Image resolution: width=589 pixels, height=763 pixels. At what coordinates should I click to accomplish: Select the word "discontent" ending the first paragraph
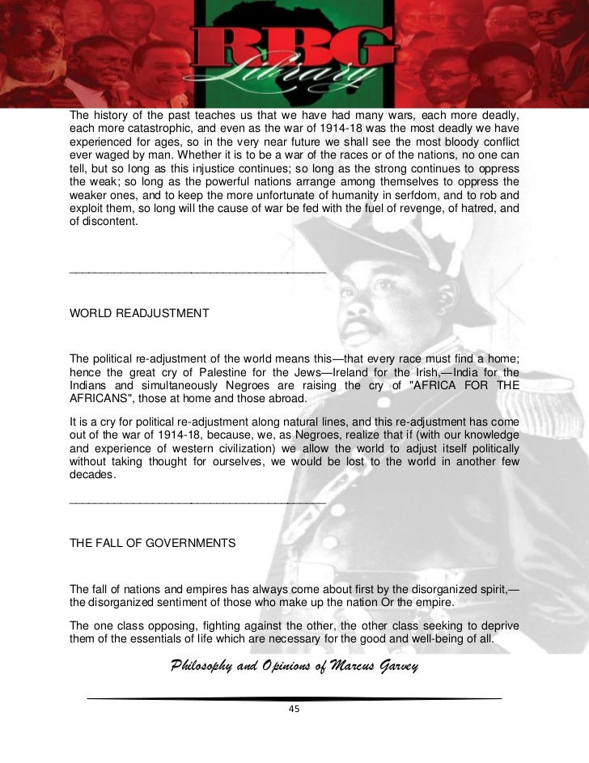111,223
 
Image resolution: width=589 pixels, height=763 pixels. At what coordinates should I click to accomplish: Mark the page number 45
294,709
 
